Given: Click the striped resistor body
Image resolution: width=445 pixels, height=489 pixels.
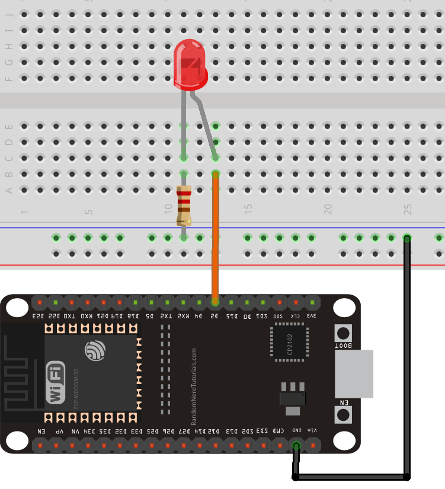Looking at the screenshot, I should (x=184, y=205).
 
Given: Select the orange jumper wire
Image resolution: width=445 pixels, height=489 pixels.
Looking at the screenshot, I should (x=215, y=237).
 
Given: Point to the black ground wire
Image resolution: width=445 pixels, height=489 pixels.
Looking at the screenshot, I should (x=407, y=356).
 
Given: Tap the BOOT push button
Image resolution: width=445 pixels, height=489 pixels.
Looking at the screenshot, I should (x=343, y=333).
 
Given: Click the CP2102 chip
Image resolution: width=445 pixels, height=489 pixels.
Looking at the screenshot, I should (x=290, y=342).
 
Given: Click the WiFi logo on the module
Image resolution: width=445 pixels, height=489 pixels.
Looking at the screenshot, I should (x=56, y=382).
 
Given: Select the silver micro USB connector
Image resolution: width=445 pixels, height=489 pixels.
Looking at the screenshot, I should (x=354, y=373).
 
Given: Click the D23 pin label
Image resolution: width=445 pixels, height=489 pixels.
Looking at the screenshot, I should (x=39, y=316).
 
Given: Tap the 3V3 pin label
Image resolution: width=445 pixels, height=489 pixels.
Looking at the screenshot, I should (x=312, y=316).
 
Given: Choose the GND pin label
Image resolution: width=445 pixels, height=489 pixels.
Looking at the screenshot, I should (x=296, y=431).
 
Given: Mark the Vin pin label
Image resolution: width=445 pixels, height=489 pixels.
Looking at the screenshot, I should (x=312, y=431).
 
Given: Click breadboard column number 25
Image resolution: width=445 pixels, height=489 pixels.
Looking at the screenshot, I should (x=407, y=209).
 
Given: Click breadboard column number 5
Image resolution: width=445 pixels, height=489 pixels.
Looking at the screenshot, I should (x=88, y=212).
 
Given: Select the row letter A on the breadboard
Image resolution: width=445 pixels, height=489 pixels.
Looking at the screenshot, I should (x=8, y=190).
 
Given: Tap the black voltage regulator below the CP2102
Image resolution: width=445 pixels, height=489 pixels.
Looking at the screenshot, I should (x=293, y=398).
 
